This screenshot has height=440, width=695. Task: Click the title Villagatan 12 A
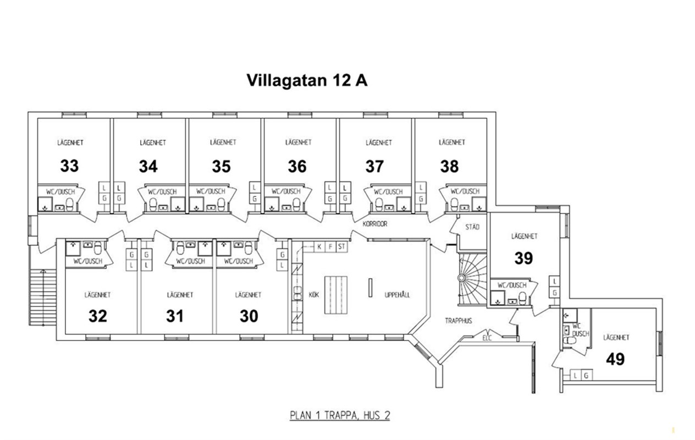pyautogui.click(x=307, y=81)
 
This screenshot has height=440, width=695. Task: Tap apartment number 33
pyautogui.click(x=69, y=166)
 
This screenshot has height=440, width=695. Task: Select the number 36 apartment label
pyautogui.click(x=297, y=166)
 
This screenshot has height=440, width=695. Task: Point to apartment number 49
pyautogui.click(x=615, y=359)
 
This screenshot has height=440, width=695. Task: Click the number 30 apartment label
pyautogui.click(x=249, y=316)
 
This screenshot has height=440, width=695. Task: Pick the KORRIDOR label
pyautogui.click(x=375, y=224)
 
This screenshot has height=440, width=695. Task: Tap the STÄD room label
pyautogui.click(x=472, y=227)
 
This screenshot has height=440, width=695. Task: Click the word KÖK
pyautogui.click(x=313, y=294)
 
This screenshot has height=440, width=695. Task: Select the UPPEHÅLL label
pyautogui.click(x=397, y=295)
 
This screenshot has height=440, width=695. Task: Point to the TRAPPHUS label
pyautogui.click(x=458, y=321)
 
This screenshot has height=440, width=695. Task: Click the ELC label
pyautogui.click(x=487, y=338)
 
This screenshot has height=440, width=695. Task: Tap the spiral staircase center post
pyautogui.click(x=462, y=278)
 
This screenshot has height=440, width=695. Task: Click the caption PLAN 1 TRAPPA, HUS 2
pyautogui.click(x=340, y=415)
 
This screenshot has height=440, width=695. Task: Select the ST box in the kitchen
pyautogui.click(x=341, y=247)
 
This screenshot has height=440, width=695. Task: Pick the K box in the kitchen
pyautogui.click(x=319, y=247)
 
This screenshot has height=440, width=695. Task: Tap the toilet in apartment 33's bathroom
pyautogui.click(x=70, y=205)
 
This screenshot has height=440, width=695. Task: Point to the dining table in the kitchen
pyautogui.click(x=336, y=295)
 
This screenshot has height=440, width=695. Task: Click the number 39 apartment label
pyautogui.click(x=523, y=258)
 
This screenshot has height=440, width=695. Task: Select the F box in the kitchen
pyautogui.click(x=330, y=247)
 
